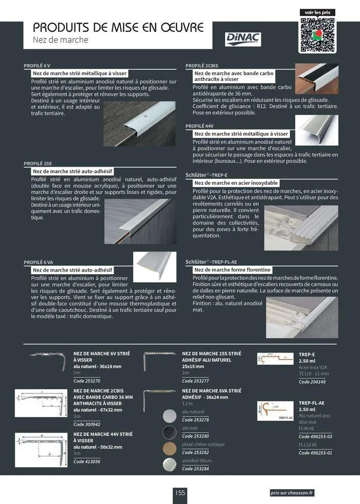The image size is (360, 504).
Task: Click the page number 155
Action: pos(179,493)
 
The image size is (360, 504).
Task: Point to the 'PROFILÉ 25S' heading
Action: pos(38,163)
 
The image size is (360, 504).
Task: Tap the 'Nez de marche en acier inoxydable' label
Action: pos(236,183)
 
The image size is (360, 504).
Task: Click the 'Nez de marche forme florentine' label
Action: pos(232,269)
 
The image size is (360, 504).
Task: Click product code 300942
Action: pos(86,424)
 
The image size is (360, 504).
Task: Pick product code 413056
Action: pos(86,461)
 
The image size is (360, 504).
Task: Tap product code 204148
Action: pos(311,382)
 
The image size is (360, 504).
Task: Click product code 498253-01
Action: pos(315,453)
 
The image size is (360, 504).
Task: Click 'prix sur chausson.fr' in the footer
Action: pos(292,493)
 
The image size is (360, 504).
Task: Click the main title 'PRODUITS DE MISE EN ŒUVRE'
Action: pos(118,27)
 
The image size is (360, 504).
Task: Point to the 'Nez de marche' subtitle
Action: pos(61,40)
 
